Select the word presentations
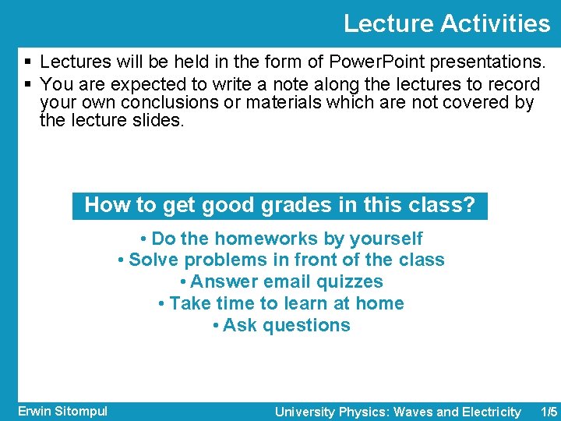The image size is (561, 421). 486,62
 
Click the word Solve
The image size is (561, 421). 153,260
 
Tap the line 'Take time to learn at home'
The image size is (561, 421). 280,304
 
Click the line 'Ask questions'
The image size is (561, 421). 280,326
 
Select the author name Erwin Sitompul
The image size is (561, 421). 62,411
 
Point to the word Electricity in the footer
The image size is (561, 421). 491,412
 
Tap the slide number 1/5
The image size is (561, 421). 549,412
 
